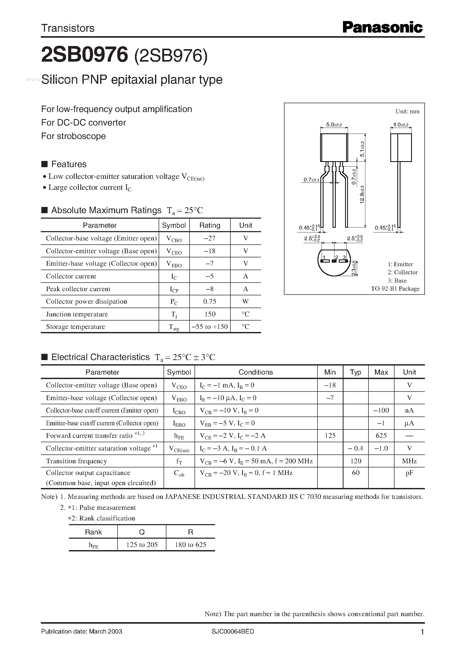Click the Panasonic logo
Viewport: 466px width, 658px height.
382,28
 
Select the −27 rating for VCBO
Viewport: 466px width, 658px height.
210,238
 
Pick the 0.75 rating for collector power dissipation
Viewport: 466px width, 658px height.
210,302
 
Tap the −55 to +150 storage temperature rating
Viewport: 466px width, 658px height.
210,327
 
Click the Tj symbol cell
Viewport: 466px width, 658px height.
174,314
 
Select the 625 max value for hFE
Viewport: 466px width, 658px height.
381,436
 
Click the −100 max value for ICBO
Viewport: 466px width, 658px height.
381,411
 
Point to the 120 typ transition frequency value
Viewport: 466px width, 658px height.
355,461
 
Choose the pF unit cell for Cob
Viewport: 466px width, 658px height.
409,473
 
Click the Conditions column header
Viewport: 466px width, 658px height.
256,372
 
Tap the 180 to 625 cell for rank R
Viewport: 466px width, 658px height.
191,545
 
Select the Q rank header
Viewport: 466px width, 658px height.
142,532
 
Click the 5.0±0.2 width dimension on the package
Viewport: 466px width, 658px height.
334,125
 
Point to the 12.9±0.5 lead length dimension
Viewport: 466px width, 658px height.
362,194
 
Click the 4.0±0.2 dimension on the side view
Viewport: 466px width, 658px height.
400,125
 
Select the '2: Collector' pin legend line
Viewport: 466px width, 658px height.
402,272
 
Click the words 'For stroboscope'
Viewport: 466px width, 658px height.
73,136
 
